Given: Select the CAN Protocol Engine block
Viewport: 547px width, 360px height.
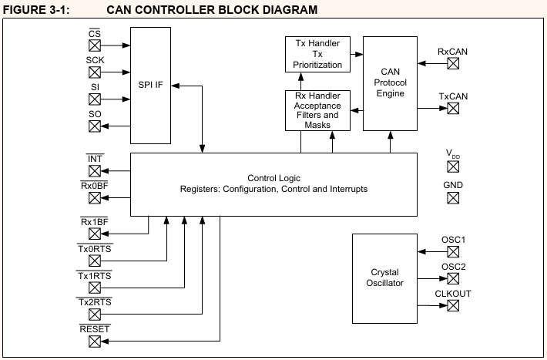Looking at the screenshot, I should [390, 82].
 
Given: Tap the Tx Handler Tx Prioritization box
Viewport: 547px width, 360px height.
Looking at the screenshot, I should [317, 54].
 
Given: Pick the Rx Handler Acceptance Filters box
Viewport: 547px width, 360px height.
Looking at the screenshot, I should [317, 110].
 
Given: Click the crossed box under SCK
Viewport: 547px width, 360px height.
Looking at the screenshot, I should [95, 72].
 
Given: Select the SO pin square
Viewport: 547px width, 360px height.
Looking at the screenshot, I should [95, 126].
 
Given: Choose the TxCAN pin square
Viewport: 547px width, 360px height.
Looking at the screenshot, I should [453, 109].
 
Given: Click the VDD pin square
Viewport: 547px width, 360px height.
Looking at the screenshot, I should [453, 166].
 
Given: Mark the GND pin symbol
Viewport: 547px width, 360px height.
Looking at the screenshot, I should [453, 198].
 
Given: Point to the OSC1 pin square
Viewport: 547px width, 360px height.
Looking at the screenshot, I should [453, 252].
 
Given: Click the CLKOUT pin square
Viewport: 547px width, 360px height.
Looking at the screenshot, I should [453, 306].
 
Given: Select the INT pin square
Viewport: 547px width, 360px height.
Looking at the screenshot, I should [95, 170].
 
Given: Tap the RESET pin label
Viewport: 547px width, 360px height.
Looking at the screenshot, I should [95, 328].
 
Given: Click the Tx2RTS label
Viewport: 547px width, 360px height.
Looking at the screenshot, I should [95, 302].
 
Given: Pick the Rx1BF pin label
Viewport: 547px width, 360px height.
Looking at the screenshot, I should [95, 223].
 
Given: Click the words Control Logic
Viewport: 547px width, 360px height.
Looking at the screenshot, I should [273, 178].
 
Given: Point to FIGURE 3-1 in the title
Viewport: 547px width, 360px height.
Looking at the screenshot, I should [39, 9].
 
